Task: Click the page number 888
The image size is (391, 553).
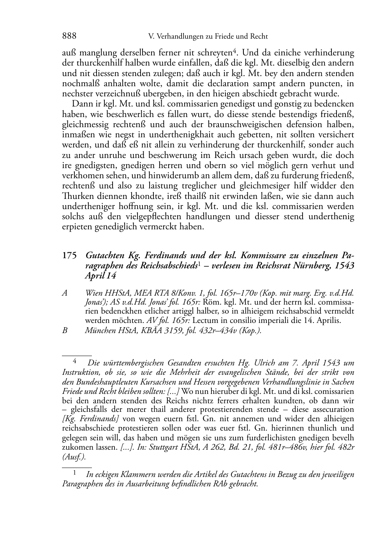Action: (x=69, y=36)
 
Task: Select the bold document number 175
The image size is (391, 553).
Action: (x=69, y=256)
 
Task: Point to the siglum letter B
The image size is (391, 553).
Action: (x=65, y=330)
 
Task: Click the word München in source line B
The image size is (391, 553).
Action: (x=99, y=330)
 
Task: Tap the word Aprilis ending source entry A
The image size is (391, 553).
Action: (x=328, y=321)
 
